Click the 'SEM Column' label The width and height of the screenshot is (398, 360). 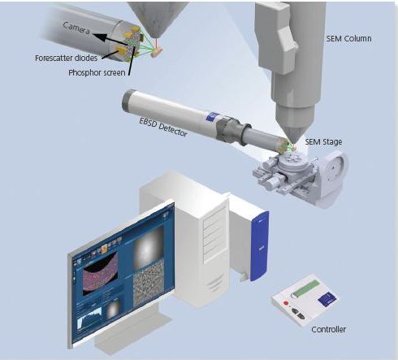(x=348, y=38)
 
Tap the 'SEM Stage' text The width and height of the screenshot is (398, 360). (x=323, y=141)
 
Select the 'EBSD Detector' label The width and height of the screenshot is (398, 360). (x=163, y=127)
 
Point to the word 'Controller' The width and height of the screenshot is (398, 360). (x=328, y=329)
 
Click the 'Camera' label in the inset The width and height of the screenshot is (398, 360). (x=76, y=28)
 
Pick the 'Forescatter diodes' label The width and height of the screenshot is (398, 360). (x=66, y=58)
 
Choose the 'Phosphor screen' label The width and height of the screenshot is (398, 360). (x=97, y=72)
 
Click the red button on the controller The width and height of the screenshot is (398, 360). (x=285, y=303)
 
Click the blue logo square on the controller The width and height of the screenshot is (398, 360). (x=327, y=299)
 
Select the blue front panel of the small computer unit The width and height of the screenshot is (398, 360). (x=260, y=246)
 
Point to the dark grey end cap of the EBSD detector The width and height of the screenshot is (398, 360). (x=128, y=99)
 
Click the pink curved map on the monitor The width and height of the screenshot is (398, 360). (x=100, y=270)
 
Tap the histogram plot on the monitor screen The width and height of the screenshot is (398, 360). (x=89, y=319)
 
